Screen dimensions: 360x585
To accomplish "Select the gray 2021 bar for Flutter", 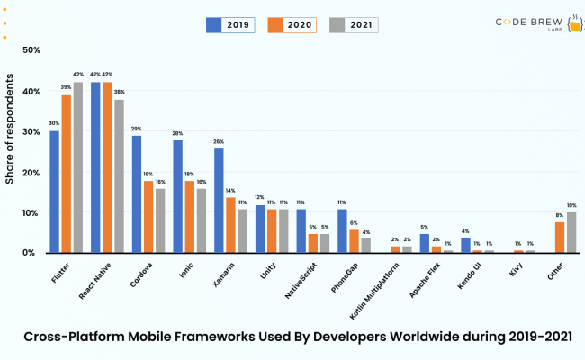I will (x=77, y=167).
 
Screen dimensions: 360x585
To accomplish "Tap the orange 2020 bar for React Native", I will (x=107, y=167).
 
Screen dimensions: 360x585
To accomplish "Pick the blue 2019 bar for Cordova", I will (x=136, y=194).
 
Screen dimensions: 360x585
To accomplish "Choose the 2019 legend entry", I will (x=230, y=25).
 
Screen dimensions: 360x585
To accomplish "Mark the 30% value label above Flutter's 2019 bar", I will (x=55, y=123).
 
